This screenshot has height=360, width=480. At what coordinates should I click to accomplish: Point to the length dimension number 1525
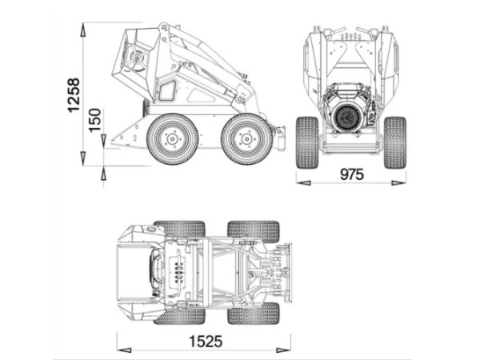205,342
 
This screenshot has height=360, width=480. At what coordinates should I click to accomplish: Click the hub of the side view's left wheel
172,138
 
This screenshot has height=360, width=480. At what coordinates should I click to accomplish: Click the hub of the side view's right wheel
246,138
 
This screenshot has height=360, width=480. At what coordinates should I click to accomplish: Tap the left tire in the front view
307,142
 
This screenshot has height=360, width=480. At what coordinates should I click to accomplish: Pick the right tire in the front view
394,142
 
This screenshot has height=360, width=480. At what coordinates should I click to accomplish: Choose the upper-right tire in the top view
253,230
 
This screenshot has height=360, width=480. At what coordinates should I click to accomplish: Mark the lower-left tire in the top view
178,314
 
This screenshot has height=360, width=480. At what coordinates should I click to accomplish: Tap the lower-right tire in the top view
253,314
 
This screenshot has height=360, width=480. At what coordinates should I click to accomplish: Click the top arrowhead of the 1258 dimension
84,27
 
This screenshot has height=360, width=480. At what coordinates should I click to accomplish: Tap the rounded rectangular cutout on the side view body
167,90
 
